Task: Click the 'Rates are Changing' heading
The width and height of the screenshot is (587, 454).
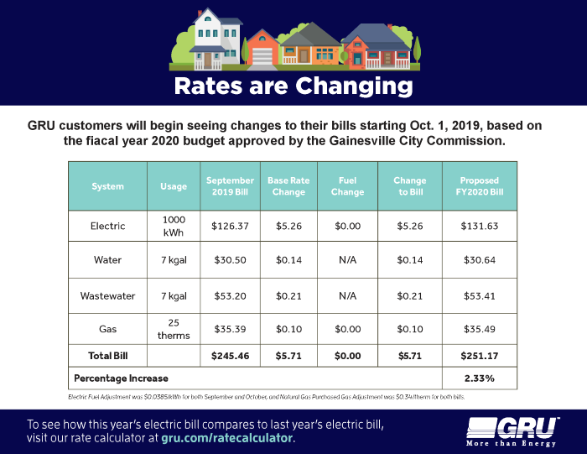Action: (x=293, y=86)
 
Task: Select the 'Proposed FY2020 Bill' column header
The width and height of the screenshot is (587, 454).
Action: (x=479, y=186)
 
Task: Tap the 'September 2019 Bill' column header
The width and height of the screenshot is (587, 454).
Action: (x=230, y=186)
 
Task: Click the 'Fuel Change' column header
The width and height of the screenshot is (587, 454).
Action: (x=348, y=186)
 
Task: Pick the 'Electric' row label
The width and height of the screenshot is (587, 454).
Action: (x=107, y=226)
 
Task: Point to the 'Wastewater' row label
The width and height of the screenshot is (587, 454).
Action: (x=107, y=296)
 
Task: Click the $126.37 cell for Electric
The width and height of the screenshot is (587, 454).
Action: (x=230, y=226)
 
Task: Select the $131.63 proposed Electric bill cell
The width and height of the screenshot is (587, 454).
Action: (x=479, y=226)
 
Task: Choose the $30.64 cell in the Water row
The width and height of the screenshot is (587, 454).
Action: (x=479, y=260)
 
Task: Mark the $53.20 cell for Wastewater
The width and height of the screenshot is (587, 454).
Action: (x=230, y=296)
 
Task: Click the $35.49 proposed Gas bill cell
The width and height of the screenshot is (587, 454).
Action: (x=479, y=329)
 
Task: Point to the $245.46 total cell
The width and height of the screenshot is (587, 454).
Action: (x=230, y=357)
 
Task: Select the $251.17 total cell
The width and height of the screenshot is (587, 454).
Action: (x=479, y=357)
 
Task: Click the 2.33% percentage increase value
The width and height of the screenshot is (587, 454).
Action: (x=479, y=378)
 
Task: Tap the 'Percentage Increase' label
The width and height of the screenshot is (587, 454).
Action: (x=122, y=378)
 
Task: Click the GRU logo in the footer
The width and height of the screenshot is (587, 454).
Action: (x=512, y=429)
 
